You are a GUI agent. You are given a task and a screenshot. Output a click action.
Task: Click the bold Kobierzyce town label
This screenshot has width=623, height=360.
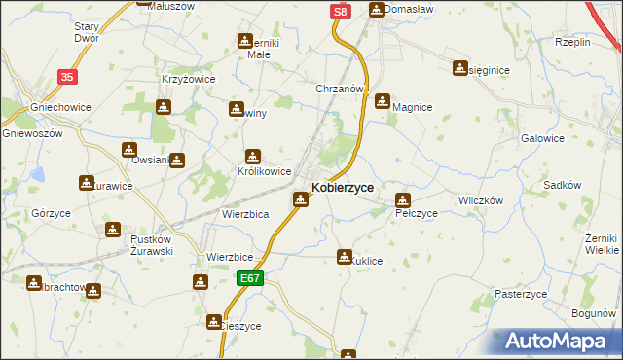(342, 187)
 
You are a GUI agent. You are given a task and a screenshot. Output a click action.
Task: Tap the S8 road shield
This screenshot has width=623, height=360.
(338, 11)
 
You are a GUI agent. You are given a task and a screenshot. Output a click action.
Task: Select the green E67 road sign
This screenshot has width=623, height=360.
(250, 278)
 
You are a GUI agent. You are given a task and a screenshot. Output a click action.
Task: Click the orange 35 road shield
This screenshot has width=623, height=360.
(66, 76)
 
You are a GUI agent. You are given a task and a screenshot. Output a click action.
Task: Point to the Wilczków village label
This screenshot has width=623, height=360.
(479, 199)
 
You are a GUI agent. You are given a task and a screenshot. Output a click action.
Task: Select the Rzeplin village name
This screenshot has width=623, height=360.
(572, 43)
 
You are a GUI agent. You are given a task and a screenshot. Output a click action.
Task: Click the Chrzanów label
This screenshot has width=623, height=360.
(339, 89)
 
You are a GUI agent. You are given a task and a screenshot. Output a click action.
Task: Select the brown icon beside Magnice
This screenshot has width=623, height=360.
(383, 100)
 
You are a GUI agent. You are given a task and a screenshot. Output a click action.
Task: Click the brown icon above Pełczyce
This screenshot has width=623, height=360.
(403, 200)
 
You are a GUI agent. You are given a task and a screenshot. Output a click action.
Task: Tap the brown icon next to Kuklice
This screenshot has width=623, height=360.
(344, 257)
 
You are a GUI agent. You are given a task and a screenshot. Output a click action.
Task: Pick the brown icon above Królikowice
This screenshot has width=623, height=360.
(252, 156)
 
